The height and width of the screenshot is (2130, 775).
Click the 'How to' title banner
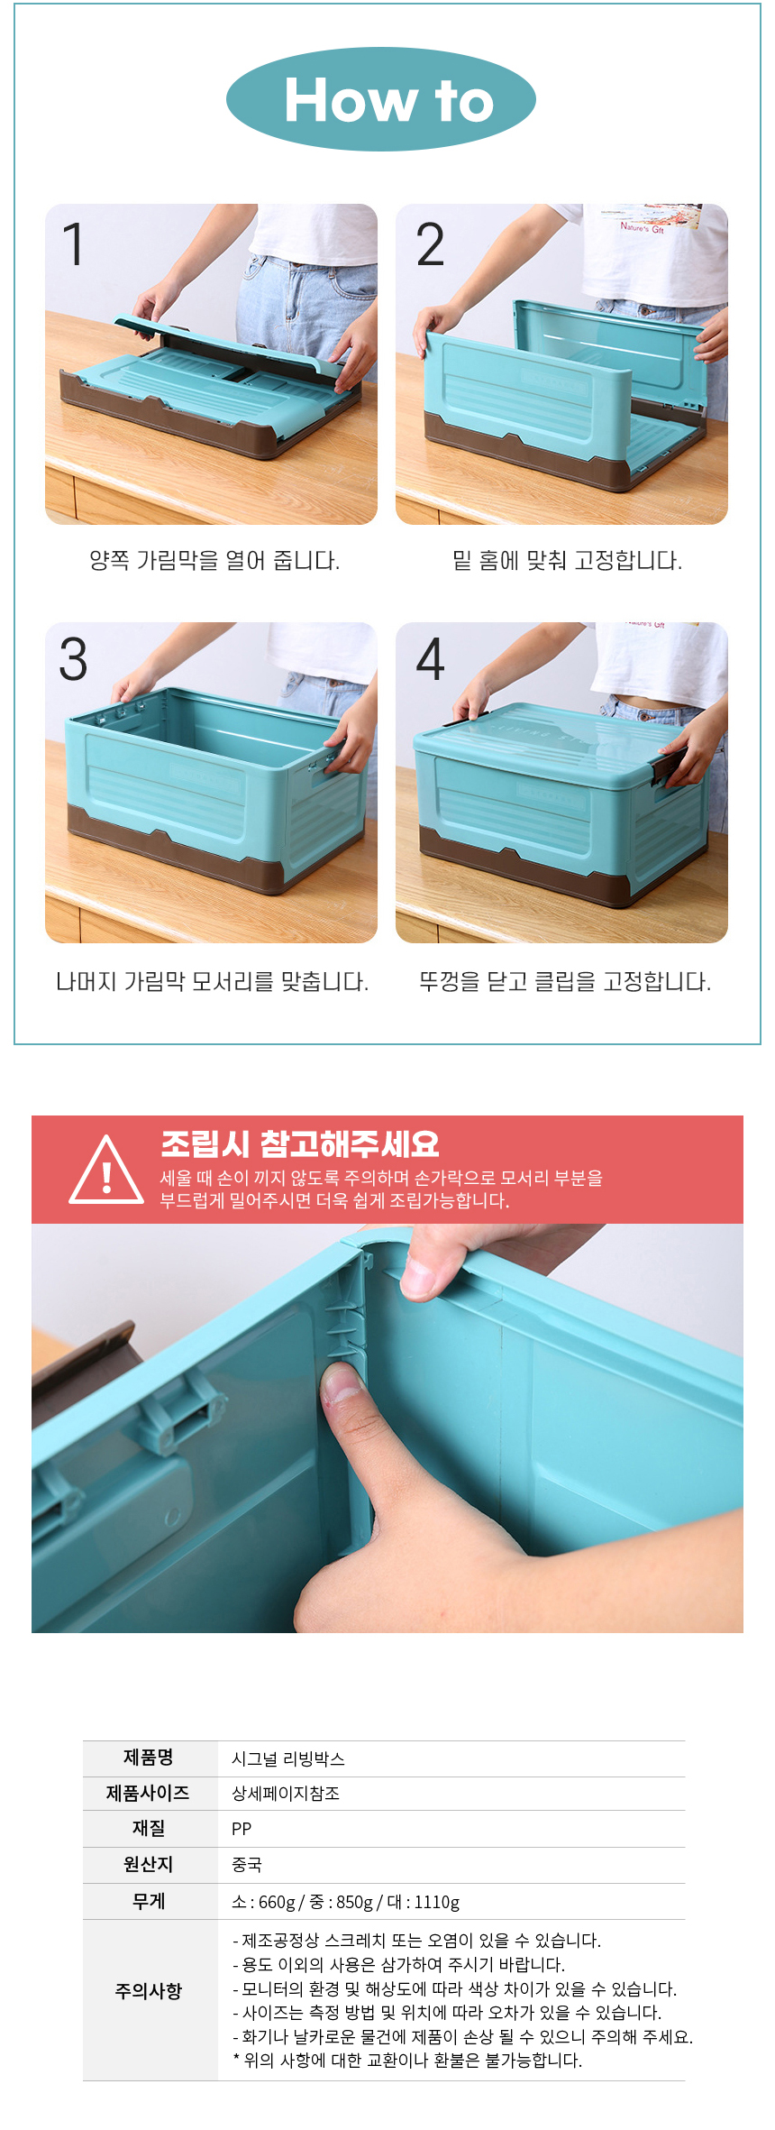[381, 99]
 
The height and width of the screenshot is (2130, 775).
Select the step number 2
[430, 244]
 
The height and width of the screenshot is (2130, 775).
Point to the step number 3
[73, 659]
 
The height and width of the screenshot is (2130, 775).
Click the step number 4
[430, 659]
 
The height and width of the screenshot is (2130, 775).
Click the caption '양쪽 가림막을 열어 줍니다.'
[214, 561]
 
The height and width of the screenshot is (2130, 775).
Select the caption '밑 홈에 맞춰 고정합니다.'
[567, 561]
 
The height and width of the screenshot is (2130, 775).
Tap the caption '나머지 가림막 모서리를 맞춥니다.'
[212, 981]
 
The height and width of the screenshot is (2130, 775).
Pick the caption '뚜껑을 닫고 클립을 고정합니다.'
[565, 981]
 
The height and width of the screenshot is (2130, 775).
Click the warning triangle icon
[106, 1170]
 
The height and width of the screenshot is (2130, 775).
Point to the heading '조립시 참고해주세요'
[299, 1143]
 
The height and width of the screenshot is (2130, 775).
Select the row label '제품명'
[149, 1758]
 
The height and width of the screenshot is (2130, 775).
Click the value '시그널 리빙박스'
[288, 1758]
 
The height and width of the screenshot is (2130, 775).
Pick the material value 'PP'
[242, 1829]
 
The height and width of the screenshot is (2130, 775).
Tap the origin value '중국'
[247, 1865]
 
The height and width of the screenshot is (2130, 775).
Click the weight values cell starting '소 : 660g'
[346, 1902]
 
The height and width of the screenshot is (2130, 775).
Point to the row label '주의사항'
[149, 1991]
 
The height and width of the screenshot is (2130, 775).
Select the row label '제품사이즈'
[149, 1793]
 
